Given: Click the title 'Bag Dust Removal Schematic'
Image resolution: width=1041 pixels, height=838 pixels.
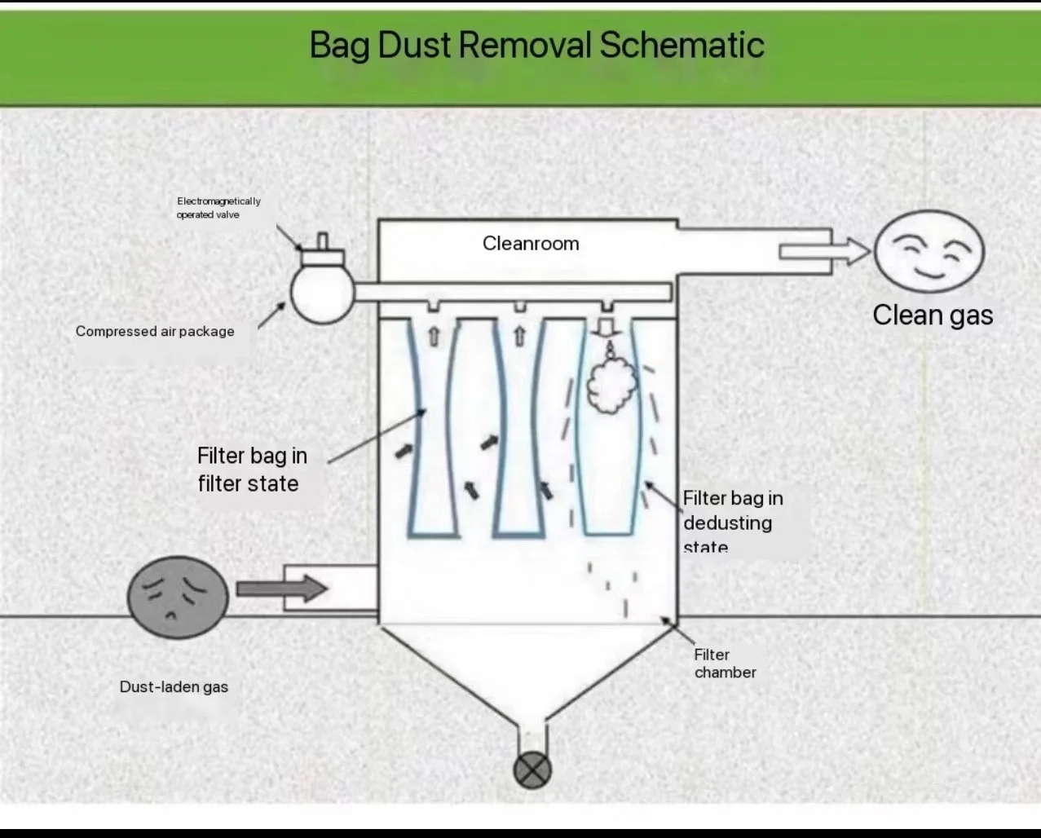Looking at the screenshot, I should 536,45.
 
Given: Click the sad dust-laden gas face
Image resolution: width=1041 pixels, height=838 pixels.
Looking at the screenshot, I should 178,598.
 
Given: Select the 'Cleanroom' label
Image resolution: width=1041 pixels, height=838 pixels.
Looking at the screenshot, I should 531,244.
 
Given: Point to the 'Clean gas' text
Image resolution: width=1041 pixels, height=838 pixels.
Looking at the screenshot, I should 933,315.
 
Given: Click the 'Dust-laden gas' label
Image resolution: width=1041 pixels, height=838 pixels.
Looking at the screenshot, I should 174,686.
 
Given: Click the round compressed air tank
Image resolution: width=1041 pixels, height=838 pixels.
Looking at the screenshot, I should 322,293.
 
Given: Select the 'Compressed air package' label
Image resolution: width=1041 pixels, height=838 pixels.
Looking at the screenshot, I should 155,331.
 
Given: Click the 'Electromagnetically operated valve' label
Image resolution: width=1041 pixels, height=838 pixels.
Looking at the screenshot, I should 218,208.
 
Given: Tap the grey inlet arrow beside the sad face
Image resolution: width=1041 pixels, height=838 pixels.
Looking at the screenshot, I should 281,588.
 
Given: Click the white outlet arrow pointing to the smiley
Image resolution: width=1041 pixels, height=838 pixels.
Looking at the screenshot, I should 824,251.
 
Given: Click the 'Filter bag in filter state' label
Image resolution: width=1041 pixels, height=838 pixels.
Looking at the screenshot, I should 252,470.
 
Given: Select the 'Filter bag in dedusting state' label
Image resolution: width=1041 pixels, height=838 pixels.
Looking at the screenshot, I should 732,522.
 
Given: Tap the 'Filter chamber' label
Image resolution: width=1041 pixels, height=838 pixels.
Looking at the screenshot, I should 725,664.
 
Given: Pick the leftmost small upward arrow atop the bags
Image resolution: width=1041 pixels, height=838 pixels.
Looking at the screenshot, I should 433,336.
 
